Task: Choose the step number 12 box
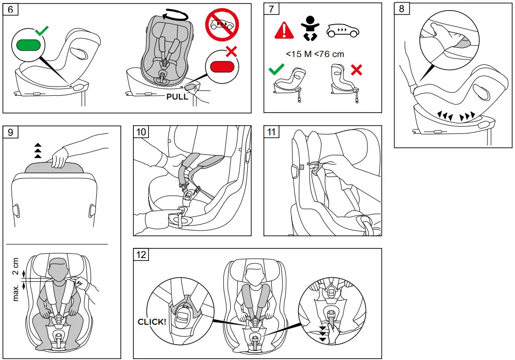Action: click(x=141, y=255)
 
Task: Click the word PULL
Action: click(x=177, y=96)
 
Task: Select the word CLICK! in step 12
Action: click(x=152, y=321)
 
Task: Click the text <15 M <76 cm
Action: click(x=315, y=54)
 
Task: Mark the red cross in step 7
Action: click(x=356, y=70)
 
